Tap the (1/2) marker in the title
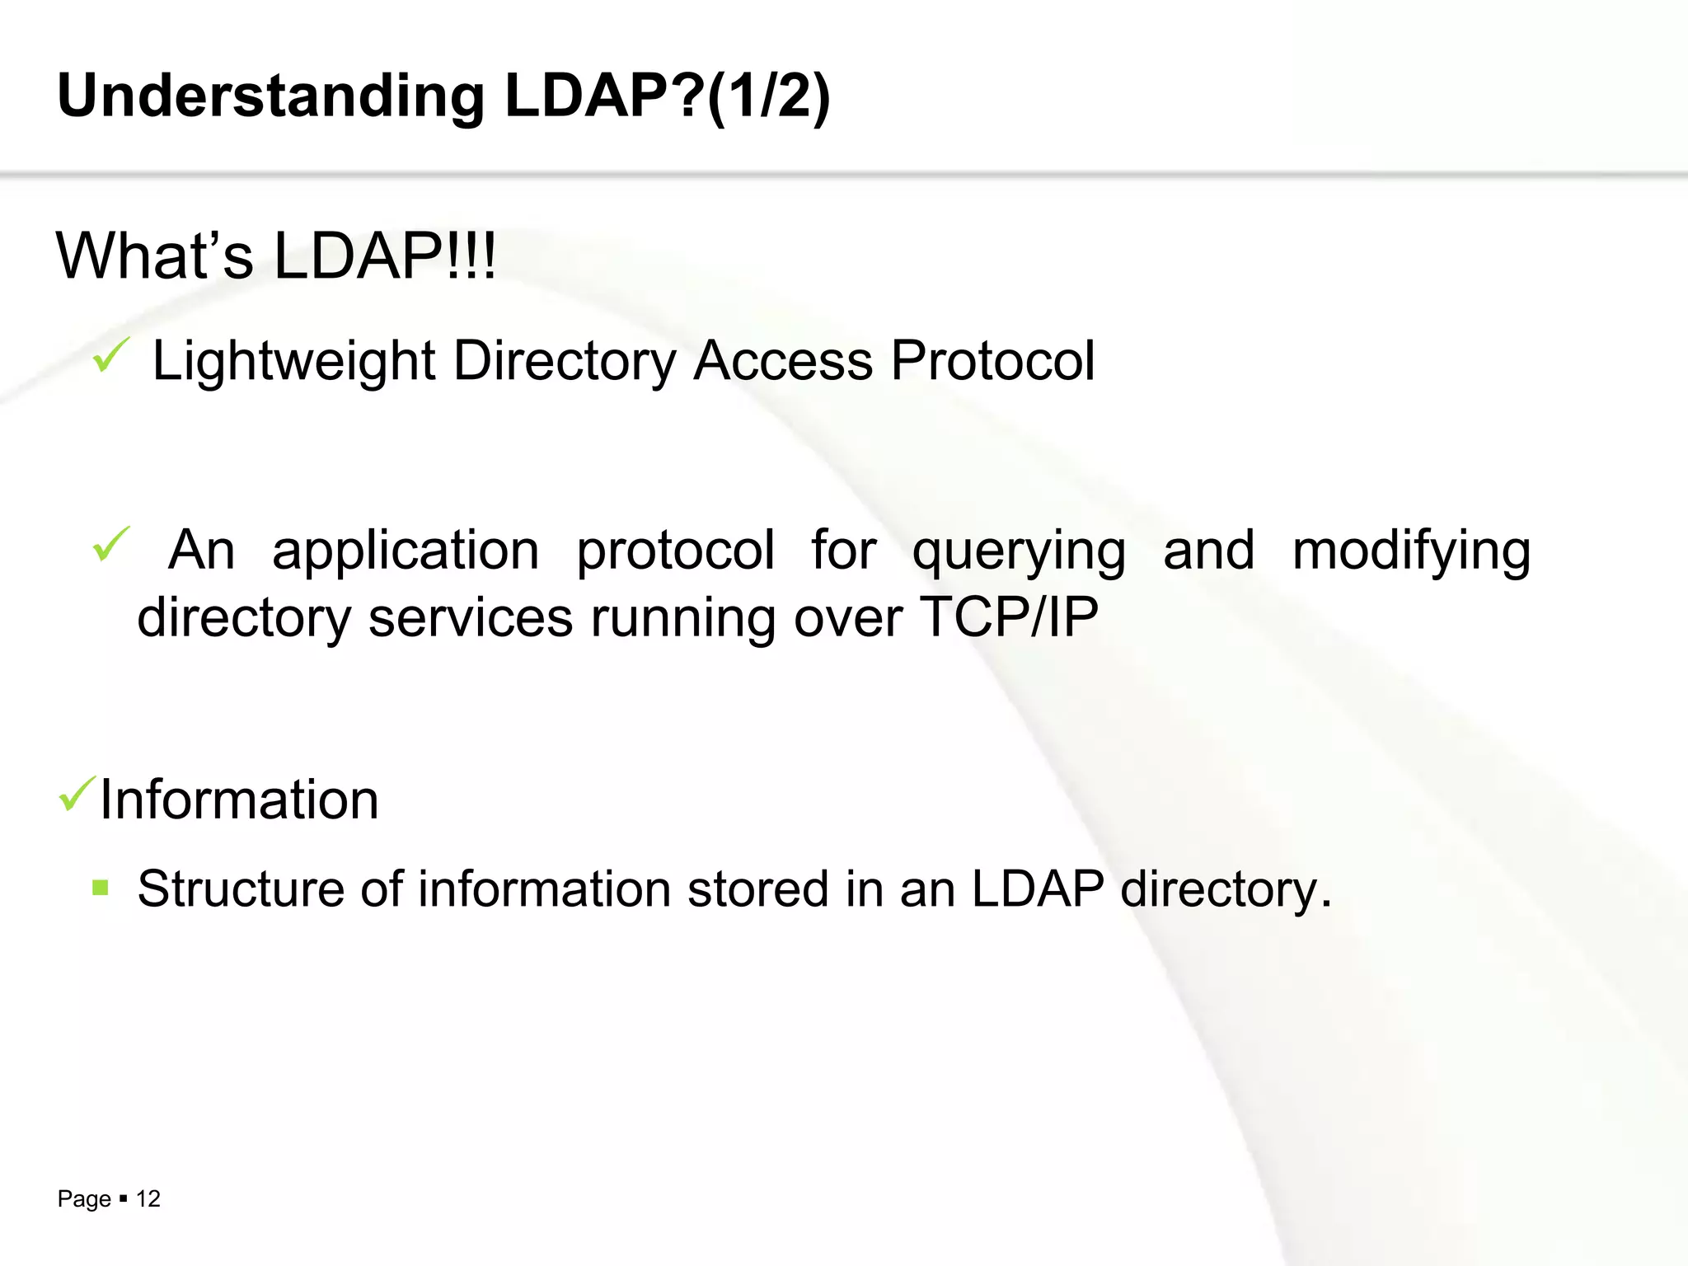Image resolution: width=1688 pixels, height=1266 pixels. (768, 96)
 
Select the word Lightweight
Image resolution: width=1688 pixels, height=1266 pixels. (293, 361)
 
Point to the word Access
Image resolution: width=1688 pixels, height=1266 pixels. (783, 361)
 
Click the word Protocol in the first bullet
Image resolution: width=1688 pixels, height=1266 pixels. (993, 361)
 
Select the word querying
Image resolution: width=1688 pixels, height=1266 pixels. (1019, 551)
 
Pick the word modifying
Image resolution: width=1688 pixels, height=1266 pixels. (1411, 551)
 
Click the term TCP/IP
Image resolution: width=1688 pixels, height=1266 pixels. (1009, 617)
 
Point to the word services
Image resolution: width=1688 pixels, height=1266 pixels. (470, 617)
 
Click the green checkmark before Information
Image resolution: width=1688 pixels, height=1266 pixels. (77, 795)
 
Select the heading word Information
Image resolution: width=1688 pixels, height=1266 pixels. (239, 799)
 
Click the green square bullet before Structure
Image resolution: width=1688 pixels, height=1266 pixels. (101, 888)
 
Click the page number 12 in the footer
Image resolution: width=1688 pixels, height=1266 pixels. (148, 1198)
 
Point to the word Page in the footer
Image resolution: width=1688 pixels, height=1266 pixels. (84, 1199)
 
